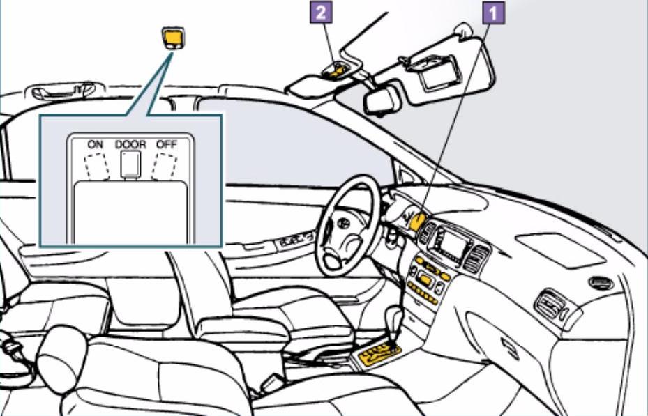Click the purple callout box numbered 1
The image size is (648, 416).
(x=494, y=12)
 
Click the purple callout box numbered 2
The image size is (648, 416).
(x=323, y=12)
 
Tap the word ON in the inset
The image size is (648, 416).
(x=96, y=144)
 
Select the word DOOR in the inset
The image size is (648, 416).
(x=130, y=144)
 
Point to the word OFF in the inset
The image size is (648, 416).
(x=166, y=144)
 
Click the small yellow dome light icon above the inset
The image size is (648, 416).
(x=174, y=37)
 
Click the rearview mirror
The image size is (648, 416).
(x=382, y=100)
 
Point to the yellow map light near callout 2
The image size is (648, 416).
(x=340, y=69)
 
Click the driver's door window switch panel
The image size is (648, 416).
(x=296, y=242)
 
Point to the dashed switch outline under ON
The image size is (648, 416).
(x=96, y=166)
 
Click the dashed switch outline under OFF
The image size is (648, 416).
(x=165, y=166)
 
